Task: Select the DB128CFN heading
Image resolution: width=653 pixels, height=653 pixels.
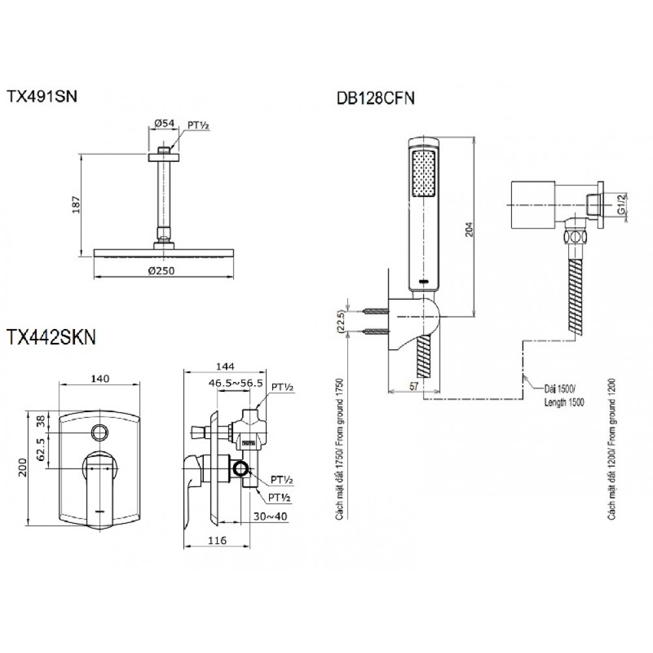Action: click(x=376, y=99)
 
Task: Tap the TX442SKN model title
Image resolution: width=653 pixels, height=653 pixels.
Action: click(x=52, y=336)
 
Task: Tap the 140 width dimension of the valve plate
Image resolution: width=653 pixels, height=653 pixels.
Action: click(x=100, y=378)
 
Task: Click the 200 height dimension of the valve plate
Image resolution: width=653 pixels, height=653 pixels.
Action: click(x=24, y=468)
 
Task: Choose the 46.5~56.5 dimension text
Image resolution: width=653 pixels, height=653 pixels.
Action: click(x=235, y=384)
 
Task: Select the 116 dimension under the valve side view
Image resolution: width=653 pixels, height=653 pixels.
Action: click(x=217, y=541)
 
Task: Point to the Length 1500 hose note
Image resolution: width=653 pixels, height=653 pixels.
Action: click(x=564, y=403)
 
